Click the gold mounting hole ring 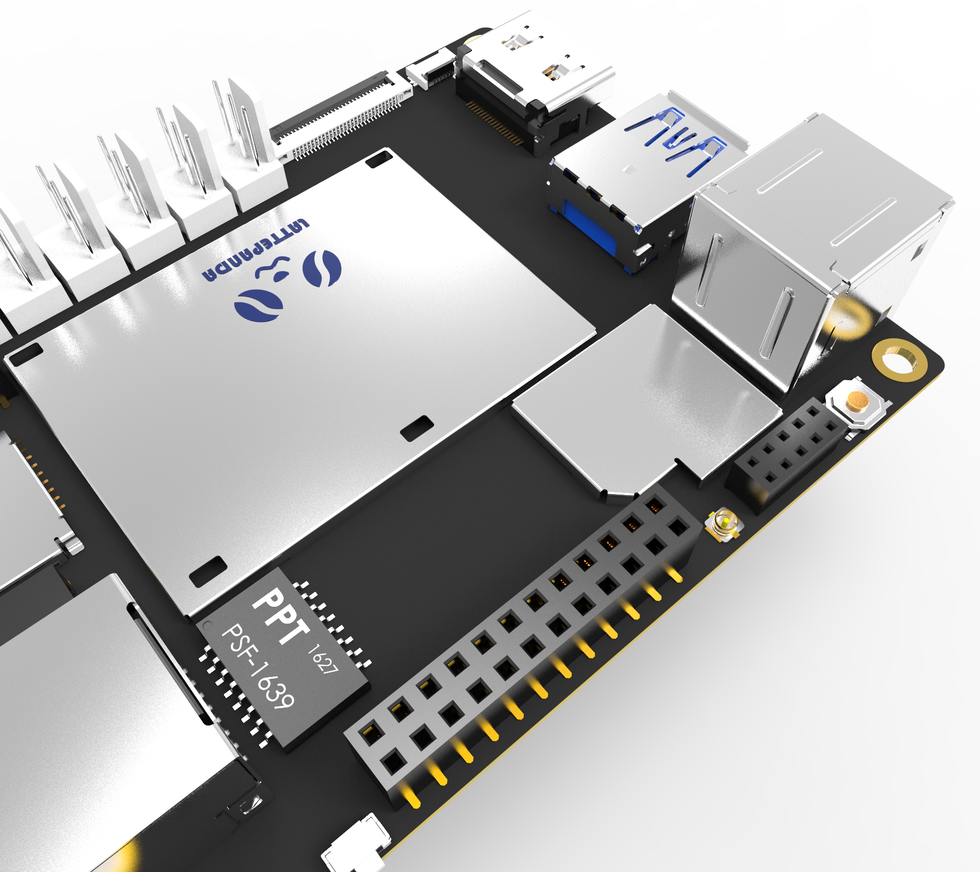tap(899, 359)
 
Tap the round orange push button tap(857, 401)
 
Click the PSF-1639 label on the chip tap(259, 667)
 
